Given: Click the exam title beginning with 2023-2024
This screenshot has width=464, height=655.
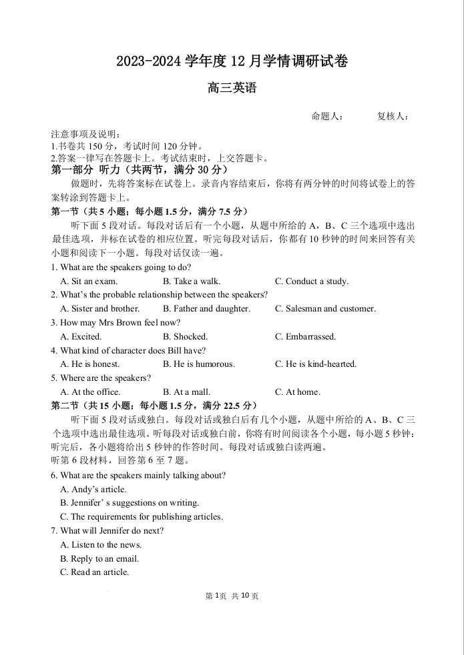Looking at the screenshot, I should [x=232, y=62].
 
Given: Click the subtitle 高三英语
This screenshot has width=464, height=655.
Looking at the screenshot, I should [x=232, y=88].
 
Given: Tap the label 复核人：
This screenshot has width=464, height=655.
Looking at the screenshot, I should [x=393, y=117].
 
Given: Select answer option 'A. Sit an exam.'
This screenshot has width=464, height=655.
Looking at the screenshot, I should [x=89, y=281].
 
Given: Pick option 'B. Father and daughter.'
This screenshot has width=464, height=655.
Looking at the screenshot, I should [x=206, y=309].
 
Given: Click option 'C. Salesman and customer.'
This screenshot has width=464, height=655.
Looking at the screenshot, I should [x=325, y=309].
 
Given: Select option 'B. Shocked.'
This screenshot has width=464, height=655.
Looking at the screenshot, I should [x=185, y=337].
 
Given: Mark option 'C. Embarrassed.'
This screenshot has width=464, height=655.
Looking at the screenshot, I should [x=305, y=337].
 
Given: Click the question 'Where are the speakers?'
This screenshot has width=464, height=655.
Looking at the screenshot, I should [x=101, y=378].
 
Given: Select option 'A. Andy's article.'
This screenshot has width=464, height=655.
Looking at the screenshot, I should [x=93, y=490].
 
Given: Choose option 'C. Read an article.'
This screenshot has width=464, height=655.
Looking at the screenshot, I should [x=94, y=572].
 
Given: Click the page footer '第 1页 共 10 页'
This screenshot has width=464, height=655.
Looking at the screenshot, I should [x=232, y=596].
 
